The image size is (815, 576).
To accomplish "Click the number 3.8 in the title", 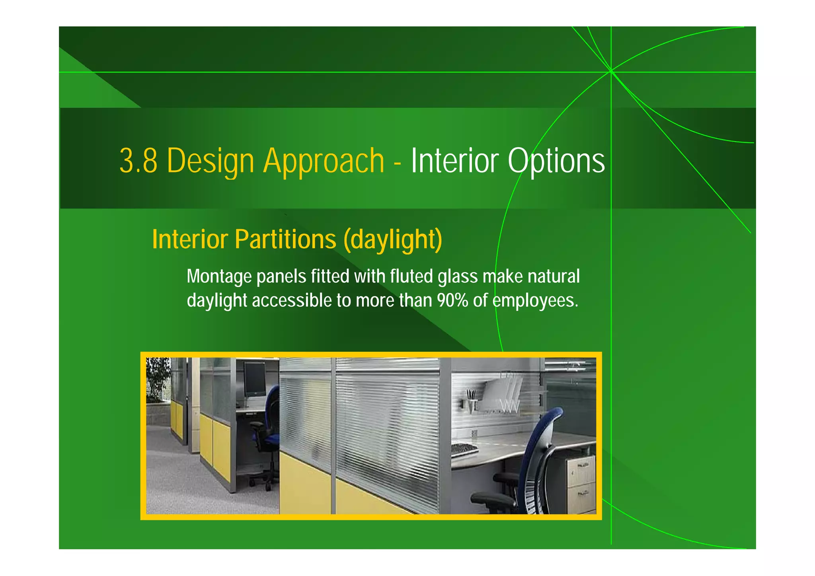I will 138,161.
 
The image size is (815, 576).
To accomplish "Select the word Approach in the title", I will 324,161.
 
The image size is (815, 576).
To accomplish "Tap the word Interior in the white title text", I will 455,161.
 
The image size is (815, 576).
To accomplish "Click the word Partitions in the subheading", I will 285,239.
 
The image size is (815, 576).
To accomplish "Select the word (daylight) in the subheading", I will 393,239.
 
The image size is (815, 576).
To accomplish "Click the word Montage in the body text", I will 219,276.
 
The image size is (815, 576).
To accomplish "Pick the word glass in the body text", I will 458,276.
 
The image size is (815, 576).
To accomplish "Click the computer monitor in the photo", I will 255,379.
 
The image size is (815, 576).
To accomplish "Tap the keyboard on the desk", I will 464,449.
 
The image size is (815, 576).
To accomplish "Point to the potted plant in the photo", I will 158,378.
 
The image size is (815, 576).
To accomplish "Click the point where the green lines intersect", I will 611,72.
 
